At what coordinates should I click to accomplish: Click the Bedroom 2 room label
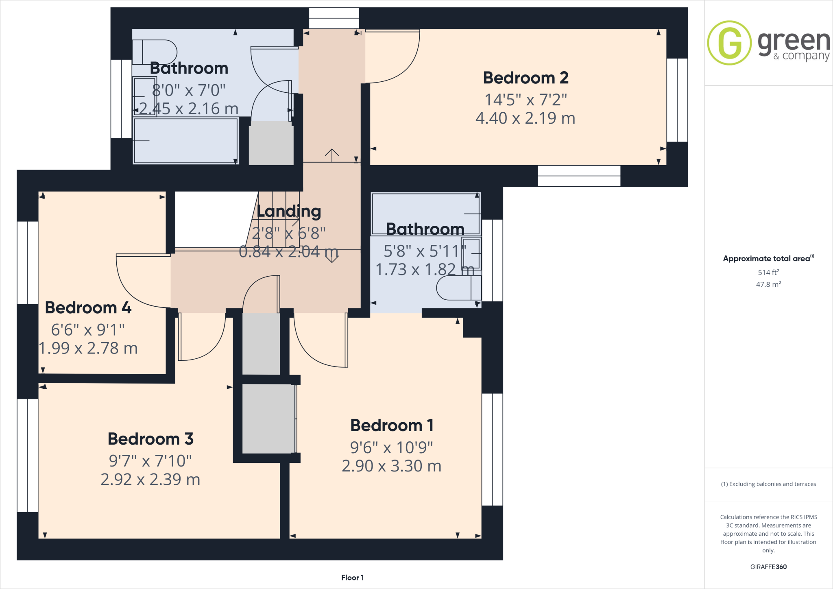click(x=526, y=78)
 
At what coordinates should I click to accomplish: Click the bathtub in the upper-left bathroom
click(x=185, y=141)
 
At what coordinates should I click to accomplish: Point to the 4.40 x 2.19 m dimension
click(x=526, y=118)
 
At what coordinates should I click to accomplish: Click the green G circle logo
click(x=729, y=43)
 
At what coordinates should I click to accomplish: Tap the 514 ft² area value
click(x=768, y=272)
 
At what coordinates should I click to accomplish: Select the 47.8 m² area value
click(x=768, y=284)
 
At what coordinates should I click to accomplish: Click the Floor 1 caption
click(x=352, y=578)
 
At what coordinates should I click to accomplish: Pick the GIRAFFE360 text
click(x=768, y=567)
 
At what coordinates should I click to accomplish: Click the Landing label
click(x=289, y=211)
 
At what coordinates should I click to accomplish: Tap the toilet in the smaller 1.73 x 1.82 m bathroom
click(x=458, y=288)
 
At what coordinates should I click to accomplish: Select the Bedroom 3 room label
click(x=150, y=439)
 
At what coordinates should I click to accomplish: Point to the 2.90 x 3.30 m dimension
click(x=391, y=466)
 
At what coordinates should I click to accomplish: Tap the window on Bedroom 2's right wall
click(x=677, y=100)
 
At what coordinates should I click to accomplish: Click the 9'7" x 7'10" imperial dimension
click(x=150, y=461)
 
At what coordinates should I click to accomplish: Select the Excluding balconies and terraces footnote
click(x=768, y=484)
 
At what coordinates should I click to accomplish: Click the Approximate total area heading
click(x=767, y=258)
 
